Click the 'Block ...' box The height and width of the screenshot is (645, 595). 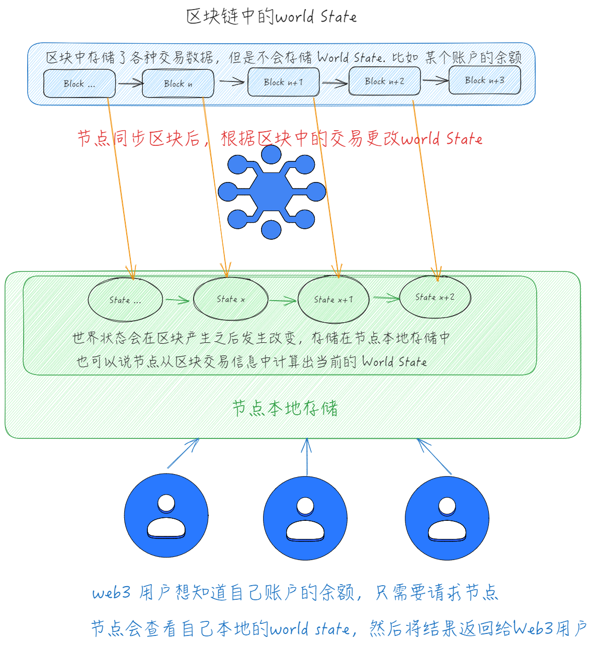[79, 83]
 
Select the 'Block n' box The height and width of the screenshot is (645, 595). [178, 83]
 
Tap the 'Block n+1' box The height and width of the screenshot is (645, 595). [284, 82]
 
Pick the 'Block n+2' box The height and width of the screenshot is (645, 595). [385, 81]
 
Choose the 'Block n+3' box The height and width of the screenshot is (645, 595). [485, 80]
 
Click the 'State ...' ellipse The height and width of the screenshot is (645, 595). [125, 300]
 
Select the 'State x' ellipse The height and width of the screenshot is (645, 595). [231, 299]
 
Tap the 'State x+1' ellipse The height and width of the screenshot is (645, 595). [333, 300]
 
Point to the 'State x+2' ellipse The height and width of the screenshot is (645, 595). [435, 297]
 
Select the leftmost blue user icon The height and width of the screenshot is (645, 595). [166, 516]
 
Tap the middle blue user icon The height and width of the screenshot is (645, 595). [305, 518]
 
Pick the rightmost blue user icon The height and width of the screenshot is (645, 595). [447, 518]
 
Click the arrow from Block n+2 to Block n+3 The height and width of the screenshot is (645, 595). [435, 80]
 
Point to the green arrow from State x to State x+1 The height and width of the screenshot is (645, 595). [283, 301]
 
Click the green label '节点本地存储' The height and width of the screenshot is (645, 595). [285, 408]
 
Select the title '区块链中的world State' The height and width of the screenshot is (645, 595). [272, 17]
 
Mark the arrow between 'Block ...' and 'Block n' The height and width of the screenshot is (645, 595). [130, 83]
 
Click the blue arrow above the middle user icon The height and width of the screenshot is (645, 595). [307, 457]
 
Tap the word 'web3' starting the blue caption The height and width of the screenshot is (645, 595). [111, 593]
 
